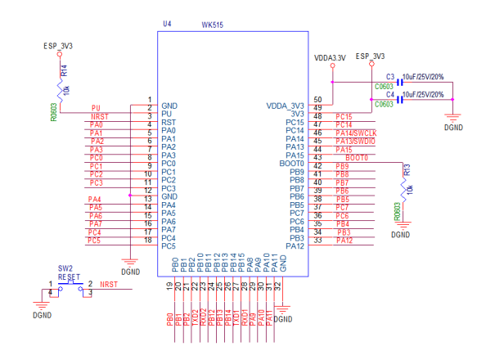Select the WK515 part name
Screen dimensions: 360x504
[x=212, y=25]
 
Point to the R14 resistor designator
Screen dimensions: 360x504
[x=65, y=73]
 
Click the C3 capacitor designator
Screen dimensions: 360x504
[x=390, y=75]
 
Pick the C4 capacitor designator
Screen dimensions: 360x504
[x=390, y=95]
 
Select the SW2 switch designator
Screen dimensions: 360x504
[x=65, y=268]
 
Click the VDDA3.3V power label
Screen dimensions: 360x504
[x=331, y=58]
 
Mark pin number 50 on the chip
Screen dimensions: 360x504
[x=317, y=100]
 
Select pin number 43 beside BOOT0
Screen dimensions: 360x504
[x=317, y=157]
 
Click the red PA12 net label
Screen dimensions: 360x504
[x=344, y=240]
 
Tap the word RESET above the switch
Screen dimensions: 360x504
[x=70, y=277]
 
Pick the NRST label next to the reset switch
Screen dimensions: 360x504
[x=109, y=284]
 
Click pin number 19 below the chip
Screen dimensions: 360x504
[x=170, y=286]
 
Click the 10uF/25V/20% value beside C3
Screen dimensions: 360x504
[x=423, y=76]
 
